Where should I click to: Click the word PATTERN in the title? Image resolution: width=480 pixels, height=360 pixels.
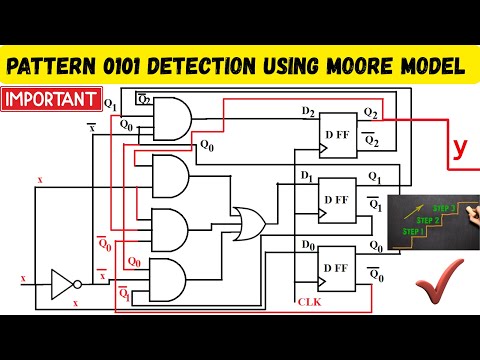[59, 67]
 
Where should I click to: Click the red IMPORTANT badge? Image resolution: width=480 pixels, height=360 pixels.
[51, 100]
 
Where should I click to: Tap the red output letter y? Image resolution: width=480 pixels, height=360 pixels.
[459, 148]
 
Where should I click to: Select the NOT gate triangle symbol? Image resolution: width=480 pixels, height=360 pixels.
[62, 285]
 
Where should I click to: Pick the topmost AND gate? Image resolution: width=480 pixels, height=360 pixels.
[170, 118]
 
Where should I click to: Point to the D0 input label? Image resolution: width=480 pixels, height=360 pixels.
[307, 243]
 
